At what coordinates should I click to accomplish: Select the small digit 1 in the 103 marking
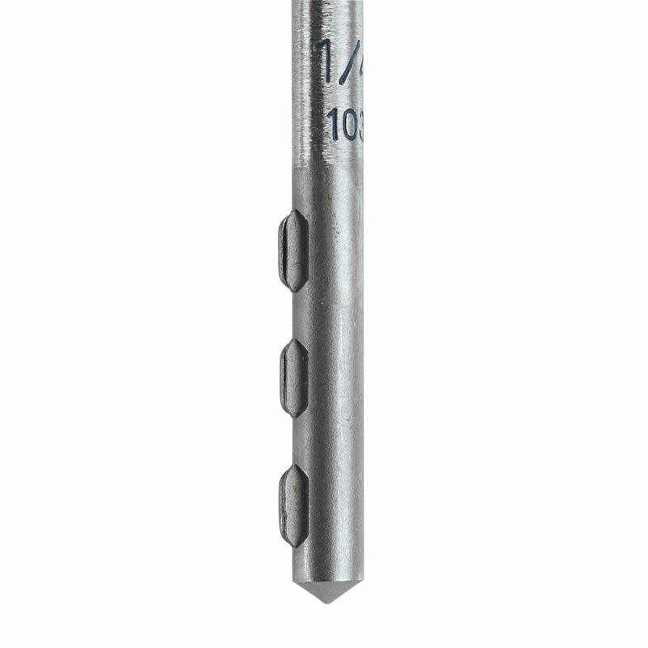pos(333,124)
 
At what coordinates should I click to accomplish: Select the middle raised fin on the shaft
pos(293,378)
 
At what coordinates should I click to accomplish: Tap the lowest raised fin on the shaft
pos(293,505)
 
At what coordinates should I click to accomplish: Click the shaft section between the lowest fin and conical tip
pos(327,563)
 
